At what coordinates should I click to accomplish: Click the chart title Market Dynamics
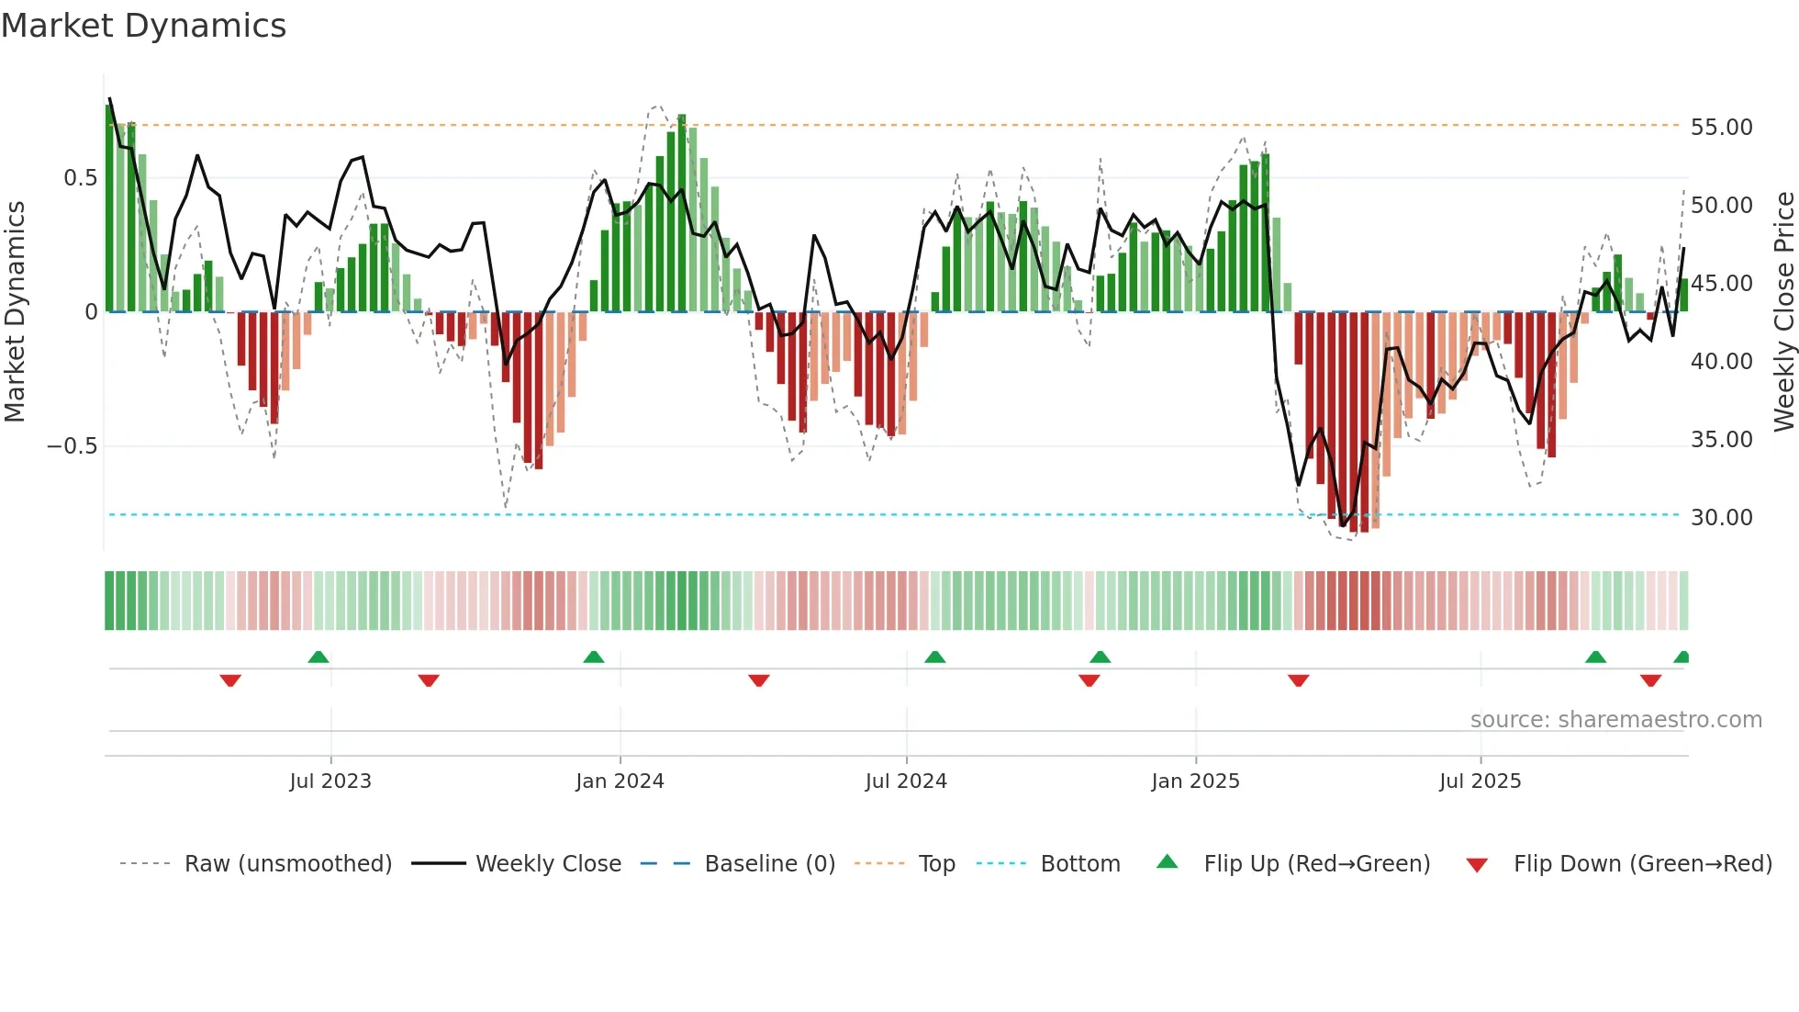pos(143,26)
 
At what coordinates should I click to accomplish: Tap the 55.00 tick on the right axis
pos(1721,127)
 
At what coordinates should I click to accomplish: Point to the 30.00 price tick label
pos(1721,517)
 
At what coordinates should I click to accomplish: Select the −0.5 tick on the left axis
pos(72,446)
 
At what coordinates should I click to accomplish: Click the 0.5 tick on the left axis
pos(80,177)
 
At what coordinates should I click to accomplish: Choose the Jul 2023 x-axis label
pos(330,781)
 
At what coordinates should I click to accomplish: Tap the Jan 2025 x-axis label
pos(1195,781)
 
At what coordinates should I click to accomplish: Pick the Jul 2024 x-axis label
pos(906,781)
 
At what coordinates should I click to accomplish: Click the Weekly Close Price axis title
pos(1783,311)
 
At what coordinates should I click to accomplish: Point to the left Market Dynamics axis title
pos(15,311)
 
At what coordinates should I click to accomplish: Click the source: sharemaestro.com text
pos(1615,720)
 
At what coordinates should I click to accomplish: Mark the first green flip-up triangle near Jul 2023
pos(318,658)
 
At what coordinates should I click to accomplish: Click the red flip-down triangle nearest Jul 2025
pos(1650,680)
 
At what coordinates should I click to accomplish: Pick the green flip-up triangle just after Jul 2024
pos(934,658)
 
